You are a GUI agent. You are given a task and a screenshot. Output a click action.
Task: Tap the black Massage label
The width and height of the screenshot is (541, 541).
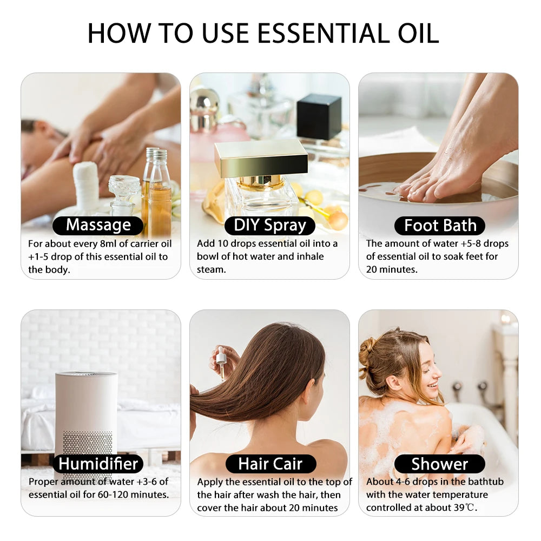pyautogui.click(x=98, y=225)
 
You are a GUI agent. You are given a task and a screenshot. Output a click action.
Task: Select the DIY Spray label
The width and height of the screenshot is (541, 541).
pyautogui.click(x=269, y=225)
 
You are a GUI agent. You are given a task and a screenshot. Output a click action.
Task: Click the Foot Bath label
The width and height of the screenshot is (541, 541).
pyautogui.click(x=440, y=225)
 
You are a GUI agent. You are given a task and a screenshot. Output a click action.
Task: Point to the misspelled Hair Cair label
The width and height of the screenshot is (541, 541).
pyautogui.click(x=270, y=464)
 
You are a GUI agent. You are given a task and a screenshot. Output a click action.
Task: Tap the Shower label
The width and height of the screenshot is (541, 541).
pyautogui.click(x=439, y=464)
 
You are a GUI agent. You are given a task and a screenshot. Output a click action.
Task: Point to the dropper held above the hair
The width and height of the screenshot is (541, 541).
pyautogui.click(x=221, y=360)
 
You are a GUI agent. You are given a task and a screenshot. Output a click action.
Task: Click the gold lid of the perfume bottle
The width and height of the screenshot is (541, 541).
pyautogui.click(x=261, y=157)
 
